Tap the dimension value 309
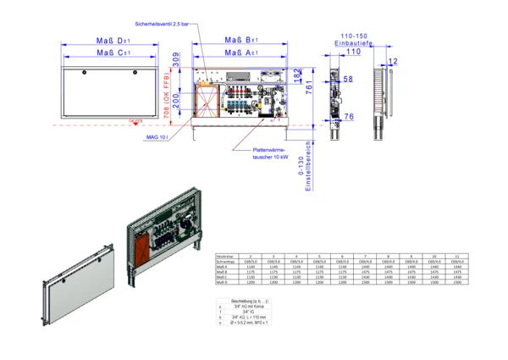pos(177,59)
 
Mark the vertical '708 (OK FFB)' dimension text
pos(177,109)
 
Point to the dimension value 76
pos(349,116)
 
